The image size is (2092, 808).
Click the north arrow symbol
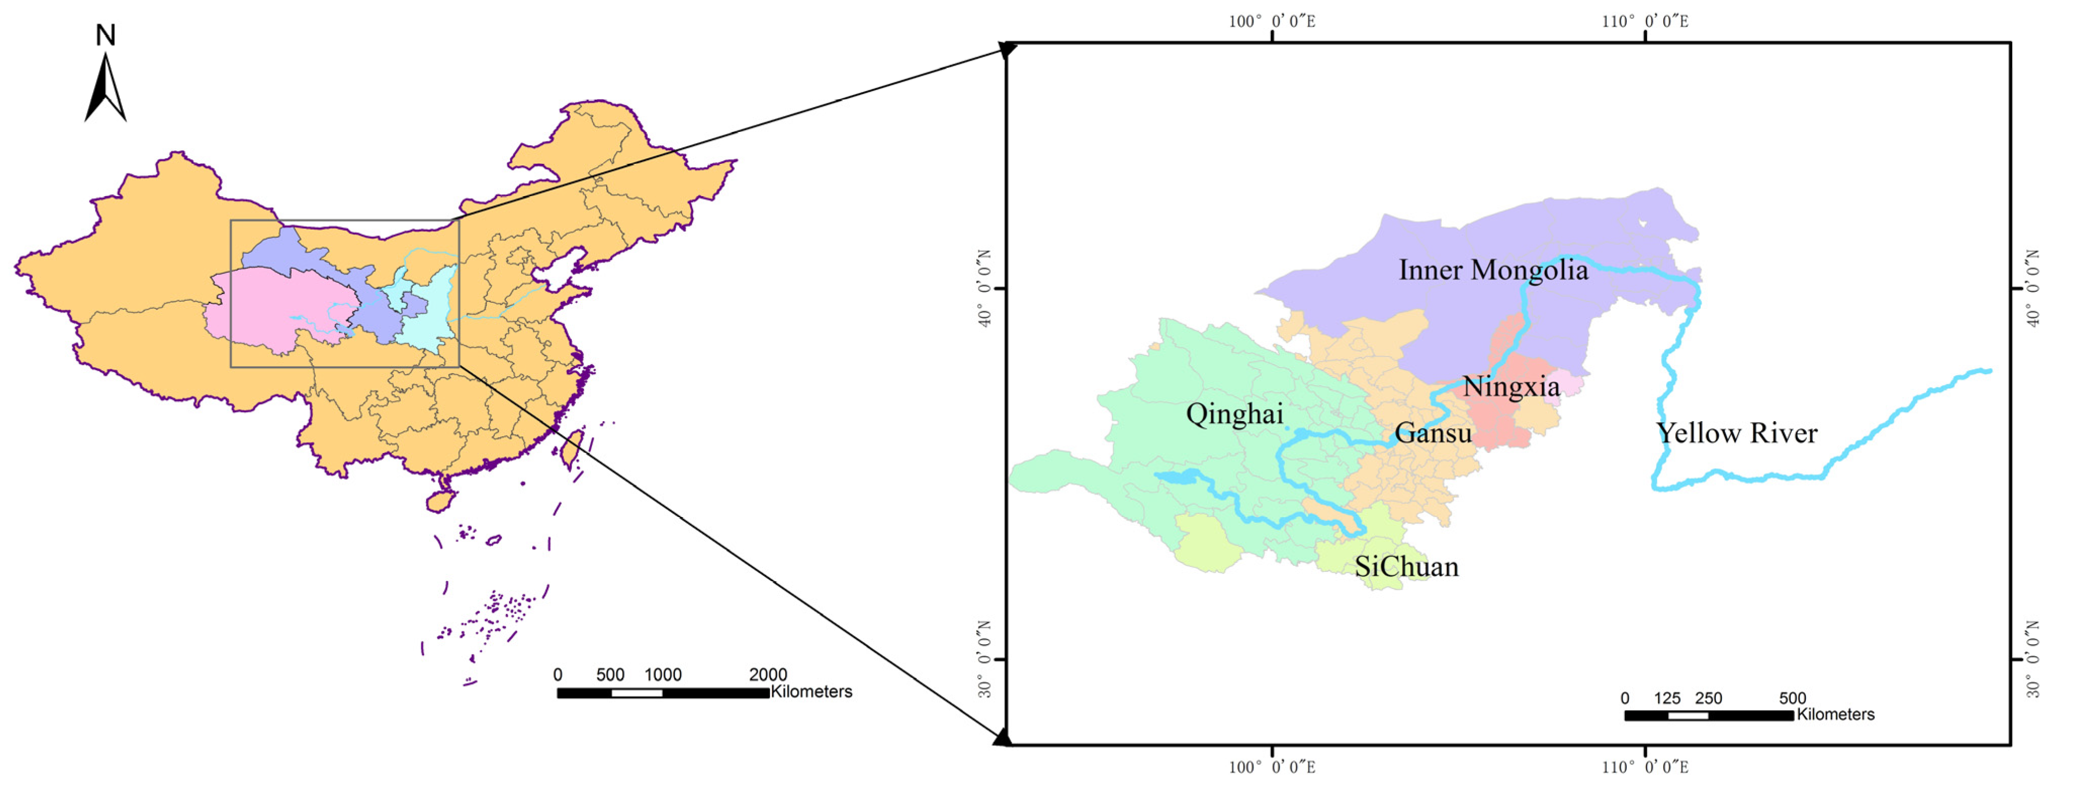tap(106, 89)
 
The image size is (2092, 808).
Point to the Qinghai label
tap(1235, 414)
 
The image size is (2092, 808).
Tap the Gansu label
tap(1433, 433)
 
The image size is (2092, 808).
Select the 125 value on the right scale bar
tap(1666, 698)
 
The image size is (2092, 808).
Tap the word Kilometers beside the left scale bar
tap(811, 692)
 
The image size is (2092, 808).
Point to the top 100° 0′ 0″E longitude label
tap(1272, 22)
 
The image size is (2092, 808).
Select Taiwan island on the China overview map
tap(572, 449)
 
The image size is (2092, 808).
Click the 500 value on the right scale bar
tap(1792, 698)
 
